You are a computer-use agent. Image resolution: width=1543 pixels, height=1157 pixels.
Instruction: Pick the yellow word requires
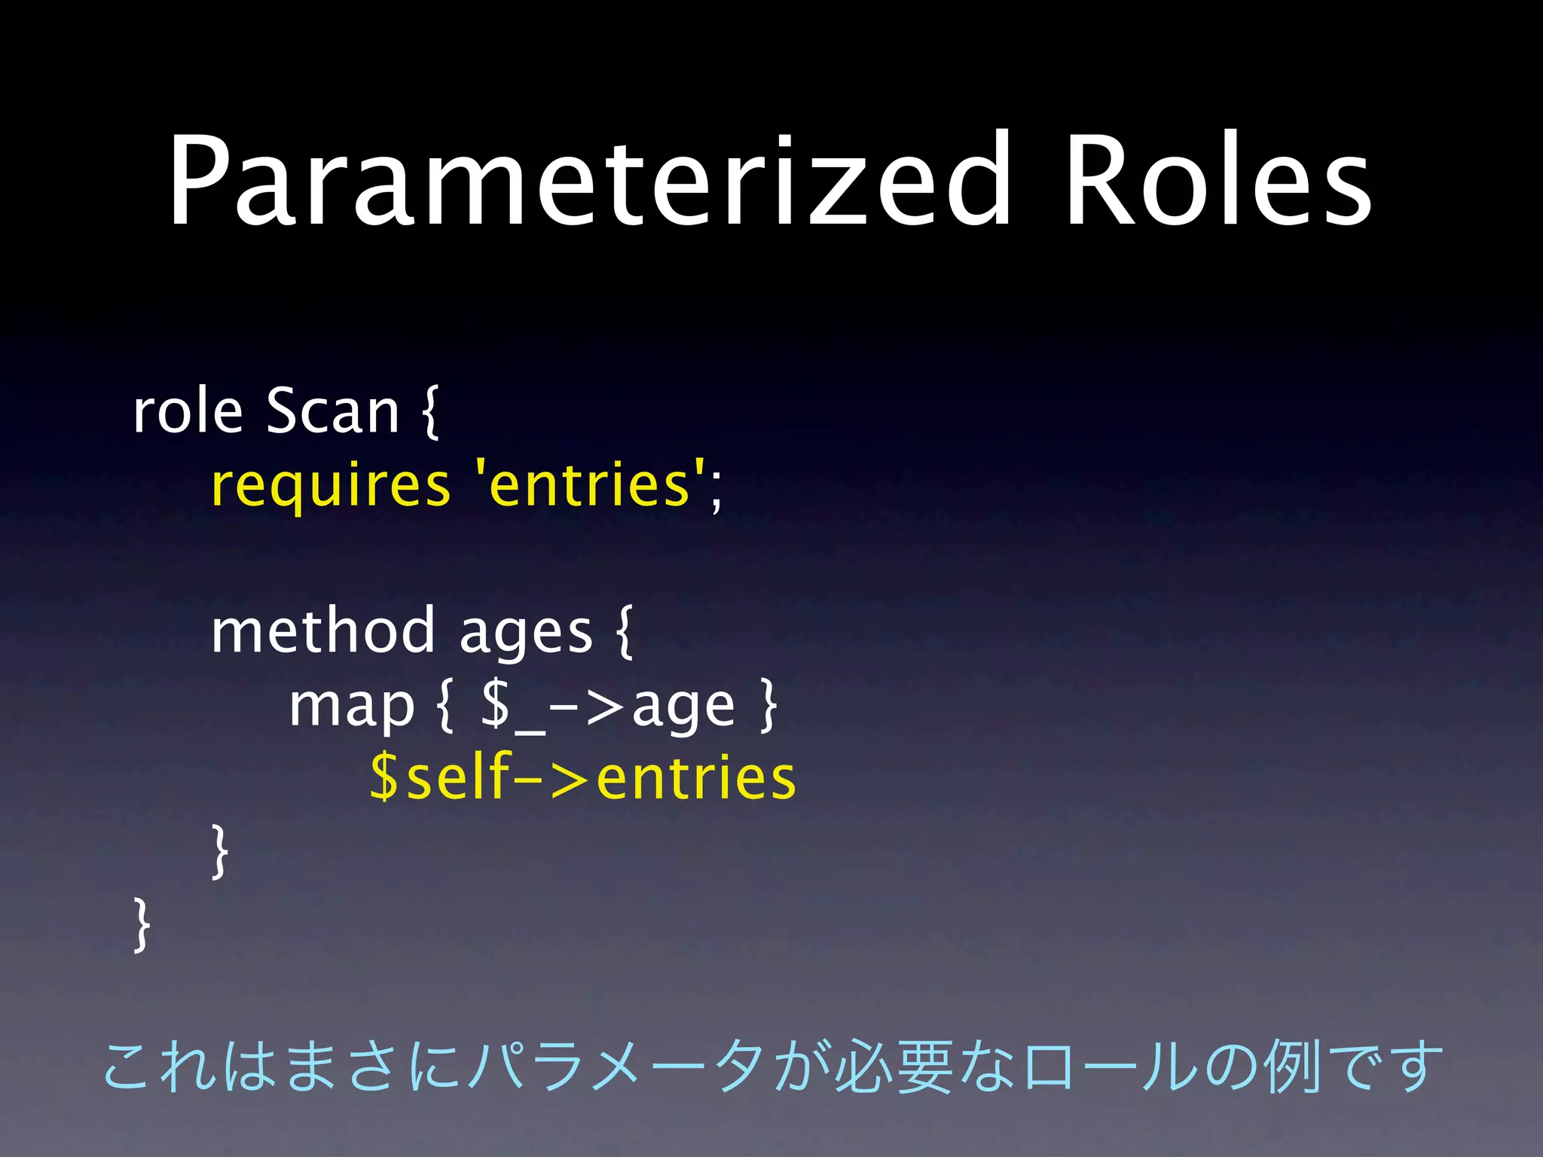tap(330, 486)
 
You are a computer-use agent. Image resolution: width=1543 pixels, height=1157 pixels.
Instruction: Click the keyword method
tap(322, 631)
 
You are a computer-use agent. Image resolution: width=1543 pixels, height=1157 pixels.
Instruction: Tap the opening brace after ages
tap(624, 633)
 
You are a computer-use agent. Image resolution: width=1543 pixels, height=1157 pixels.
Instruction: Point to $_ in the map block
tap(512, 707)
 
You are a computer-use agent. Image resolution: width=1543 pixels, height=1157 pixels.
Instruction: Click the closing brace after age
tap(768, 705)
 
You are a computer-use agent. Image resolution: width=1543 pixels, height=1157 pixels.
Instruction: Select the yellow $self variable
tap(441, 777)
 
